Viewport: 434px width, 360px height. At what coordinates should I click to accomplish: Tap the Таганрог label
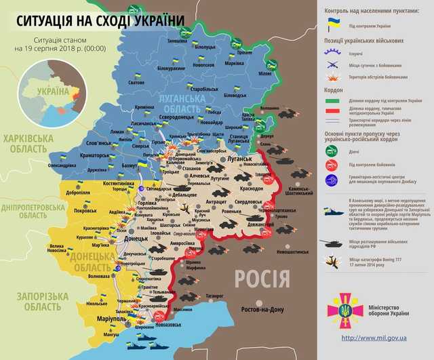[x=217, y=296]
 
